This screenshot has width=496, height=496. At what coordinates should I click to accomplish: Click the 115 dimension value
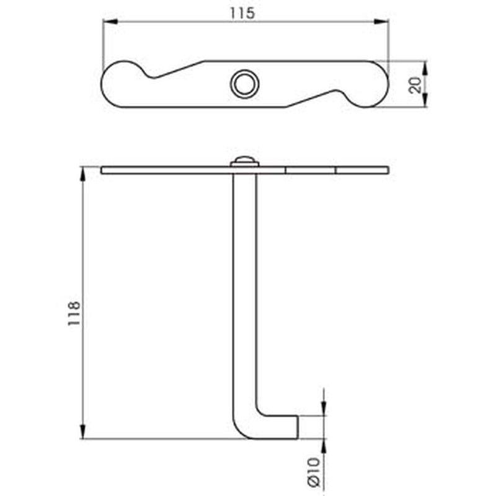(x=242, y=13)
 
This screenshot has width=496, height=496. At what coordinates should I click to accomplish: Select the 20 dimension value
(x=415, y=85)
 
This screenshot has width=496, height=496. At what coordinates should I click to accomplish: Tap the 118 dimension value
(x=74, y=314)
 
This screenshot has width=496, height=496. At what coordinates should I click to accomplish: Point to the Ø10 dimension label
(x=314, y=472)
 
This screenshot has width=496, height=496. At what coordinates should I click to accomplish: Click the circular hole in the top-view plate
(x=244, y=84)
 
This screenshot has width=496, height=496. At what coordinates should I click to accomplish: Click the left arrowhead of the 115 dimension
(x=110, y=22)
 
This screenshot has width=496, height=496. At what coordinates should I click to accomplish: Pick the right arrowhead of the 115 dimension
(x=381, y=22)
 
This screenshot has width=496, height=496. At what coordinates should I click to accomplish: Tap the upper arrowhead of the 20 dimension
(x=425, y=68)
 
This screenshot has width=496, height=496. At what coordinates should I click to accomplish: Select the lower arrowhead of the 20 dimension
(x=425, y=100)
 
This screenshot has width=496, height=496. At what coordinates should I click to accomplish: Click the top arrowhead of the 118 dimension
(x=82, y=174)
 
